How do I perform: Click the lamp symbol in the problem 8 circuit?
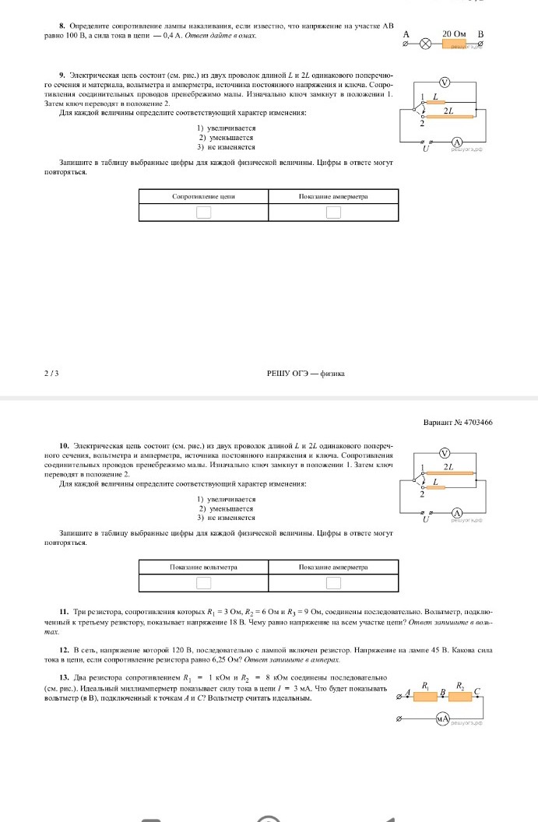tap(425, 44)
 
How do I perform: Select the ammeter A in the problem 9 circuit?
tap(458, 142)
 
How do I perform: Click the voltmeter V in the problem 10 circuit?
tap(445, 453)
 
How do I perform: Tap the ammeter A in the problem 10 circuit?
tap(458, 512)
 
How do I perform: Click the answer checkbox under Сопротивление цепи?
tap(203, 212)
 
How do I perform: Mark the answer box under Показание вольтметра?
tap(203, 583)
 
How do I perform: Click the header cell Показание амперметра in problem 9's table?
tap(333, 197)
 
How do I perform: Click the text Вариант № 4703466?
tap(458, 422)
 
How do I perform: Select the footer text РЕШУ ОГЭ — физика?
tap(306, 374)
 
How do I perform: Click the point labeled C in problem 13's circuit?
tap(477, 690)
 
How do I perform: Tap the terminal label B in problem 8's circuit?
tap(480, 34)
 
